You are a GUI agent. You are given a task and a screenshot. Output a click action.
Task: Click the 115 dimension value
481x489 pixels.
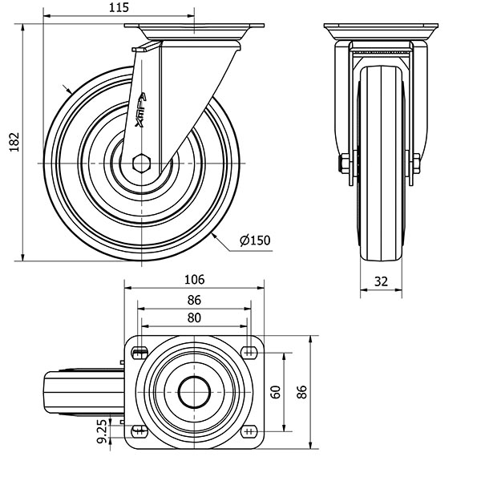click(119, 7)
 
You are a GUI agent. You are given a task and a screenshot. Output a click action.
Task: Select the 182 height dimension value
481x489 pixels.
click(14, 142)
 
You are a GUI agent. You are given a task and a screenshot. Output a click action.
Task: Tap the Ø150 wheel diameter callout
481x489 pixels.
click(255, 240)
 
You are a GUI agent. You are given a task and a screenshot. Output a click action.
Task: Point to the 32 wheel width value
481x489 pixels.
click(381, 281)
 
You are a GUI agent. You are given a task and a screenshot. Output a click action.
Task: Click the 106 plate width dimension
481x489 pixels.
click(194, 280)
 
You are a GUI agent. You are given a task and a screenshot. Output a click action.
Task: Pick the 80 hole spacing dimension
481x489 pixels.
click(194, 317)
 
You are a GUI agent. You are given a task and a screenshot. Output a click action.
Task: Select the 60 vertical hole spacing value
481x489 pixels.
click(276, 392)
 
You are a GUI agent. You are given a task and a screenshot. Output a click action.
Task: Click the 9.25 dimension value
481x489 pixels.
click(102, 431)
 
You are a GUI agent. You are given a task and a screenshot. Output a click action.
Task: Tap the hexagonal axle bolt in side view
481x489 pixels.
click(142, 163)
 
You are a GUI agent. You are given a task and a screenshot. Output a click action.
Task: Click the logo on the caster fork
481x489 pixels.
click(140, 110)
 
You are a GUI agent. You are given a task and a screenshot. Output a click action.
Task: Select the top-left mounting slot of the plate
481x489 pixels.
click(140, 354)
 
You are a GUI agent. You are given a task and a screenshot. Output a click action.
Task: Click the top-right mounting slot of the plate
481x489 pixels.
click(249, 353)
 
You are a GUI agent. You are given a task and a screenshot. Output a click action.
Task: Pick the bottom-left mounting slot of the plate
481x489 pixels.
click(139, 431)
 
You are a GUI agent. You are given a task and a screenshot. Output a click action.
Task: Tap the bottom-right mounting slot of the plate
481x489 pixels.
click(249, 431)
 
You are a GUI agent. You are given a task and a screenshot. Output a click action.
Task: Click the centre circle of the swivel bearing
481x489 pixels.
click(194, 392)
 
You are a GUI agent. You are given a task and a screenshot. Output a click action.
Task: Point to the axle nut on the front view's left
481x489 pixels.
click(344, 163)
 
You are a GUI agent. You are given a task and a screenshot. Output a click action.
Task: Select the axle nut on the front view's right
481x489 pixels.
click(416, 163)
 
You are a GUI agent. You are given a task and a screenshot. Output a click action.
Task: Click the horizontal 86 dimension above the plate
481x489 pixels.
click(194, 300)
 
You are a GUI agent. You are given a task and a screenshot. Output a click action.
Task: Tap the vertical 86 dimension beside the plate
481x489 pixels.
click(301, 392)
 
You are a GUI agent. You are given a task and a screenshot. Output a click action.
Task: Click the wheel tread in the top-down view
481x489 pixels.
click(83, 392)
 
